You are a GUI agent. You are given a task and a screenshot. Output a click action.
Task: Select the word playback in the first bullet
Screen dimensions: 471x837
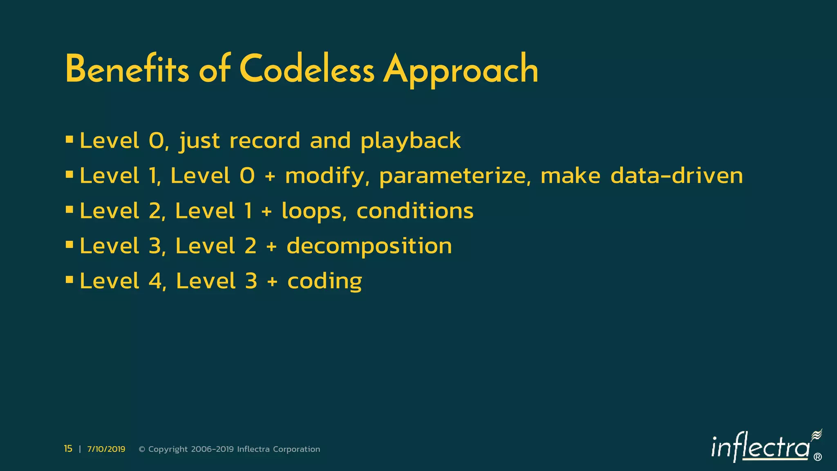(x=410, y=141)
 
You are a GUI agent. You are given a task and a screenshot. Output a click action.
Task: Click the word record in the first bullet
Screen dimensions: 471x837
(x=265, y=141)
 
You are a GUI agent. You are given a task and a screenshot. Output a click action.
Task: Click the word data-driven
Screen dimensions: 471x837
(x=676, y=176)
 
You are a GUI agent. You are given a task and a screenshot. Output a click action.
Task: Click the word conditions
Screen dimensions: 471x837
(x=414, y=211)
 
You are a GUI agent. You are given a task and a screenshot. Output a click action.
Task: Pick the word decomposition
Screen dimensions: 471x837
(x=369, y=247)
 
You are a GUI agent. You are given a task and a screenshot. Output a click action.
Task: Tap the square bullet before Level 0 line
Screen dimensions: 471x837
(x=69, y=140)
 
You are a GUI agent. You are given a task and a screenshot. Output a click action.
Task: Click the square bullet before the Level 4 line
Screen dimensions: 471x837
(x=69, y=280)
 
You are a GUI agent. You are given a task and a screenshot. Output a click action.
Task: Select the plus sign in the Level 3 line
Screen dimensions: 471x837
(x=271, y=247)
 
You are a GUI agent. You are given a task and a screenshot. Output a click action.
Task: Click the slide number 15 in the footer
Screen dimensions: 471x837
(x=68, y=449)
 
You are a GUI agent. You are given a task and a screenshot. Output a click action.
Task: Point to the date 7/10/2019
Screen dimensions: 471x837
(x=106, y=449)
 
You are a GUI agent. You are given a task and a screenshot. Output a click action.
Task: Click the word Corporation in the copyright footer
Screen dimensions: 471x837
(x=296, y=449)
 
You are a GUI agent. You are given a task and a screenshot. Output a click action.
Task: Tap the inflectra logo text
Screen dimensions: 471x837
(x=760, y=448)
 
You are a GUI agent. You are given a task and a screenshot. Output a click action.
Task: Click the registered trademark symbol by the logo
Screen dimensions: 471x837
(x=817, y=457)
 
